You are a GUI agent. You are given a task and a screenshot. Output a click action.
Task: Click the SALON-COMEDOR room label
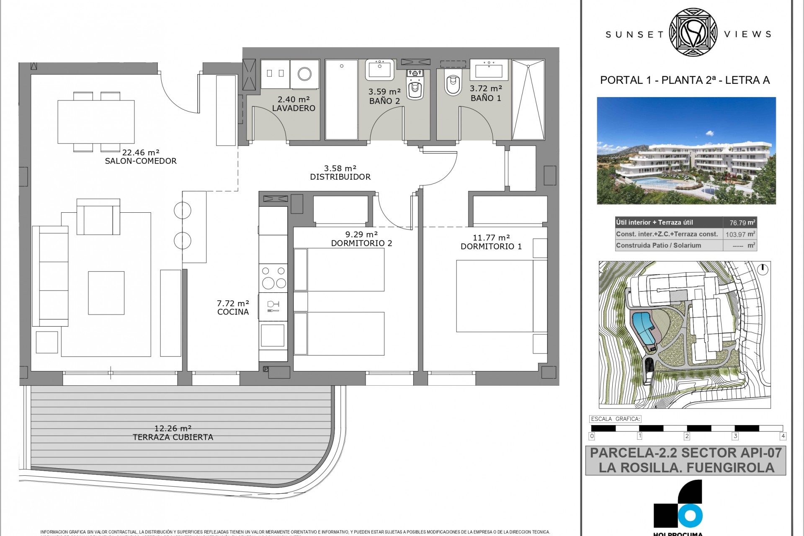[141, 161]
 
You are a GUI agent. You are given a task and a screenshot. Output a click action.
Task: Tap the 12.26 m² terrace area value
[173, 428]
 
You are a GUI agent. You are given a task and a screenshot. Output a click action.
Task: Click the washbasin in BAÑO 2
[379, 69]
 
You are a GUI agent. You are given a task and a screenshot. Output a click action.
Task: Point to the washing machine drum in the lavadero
[304, 74]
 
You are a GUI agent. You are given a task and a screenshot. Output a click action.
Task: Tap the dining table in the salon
[96, 121]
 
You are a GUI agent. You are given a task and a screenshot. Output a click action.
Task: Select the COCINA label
[233, 312]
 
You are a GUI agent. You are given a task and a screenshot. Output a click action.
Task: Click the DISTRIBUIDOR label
[340, 177]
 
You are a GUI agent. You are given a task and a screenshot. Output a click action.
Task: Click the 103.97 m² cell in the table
[740, 234]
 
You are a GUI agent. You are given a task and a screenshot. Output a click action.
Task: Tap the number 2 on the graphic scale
[687, 436]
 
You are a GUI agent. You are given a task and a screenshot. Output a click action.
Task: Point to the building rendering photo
[686, 151]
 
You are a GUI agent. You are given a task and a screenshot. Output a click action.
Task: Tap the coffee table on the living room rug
[106, 293]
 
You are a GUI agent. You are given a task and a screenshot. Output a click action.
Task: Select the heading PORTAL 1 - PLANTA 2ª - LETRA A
[685, 80]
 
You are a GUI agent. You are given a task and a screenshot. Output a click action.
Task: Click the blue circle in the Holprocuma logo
[690, 515]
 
